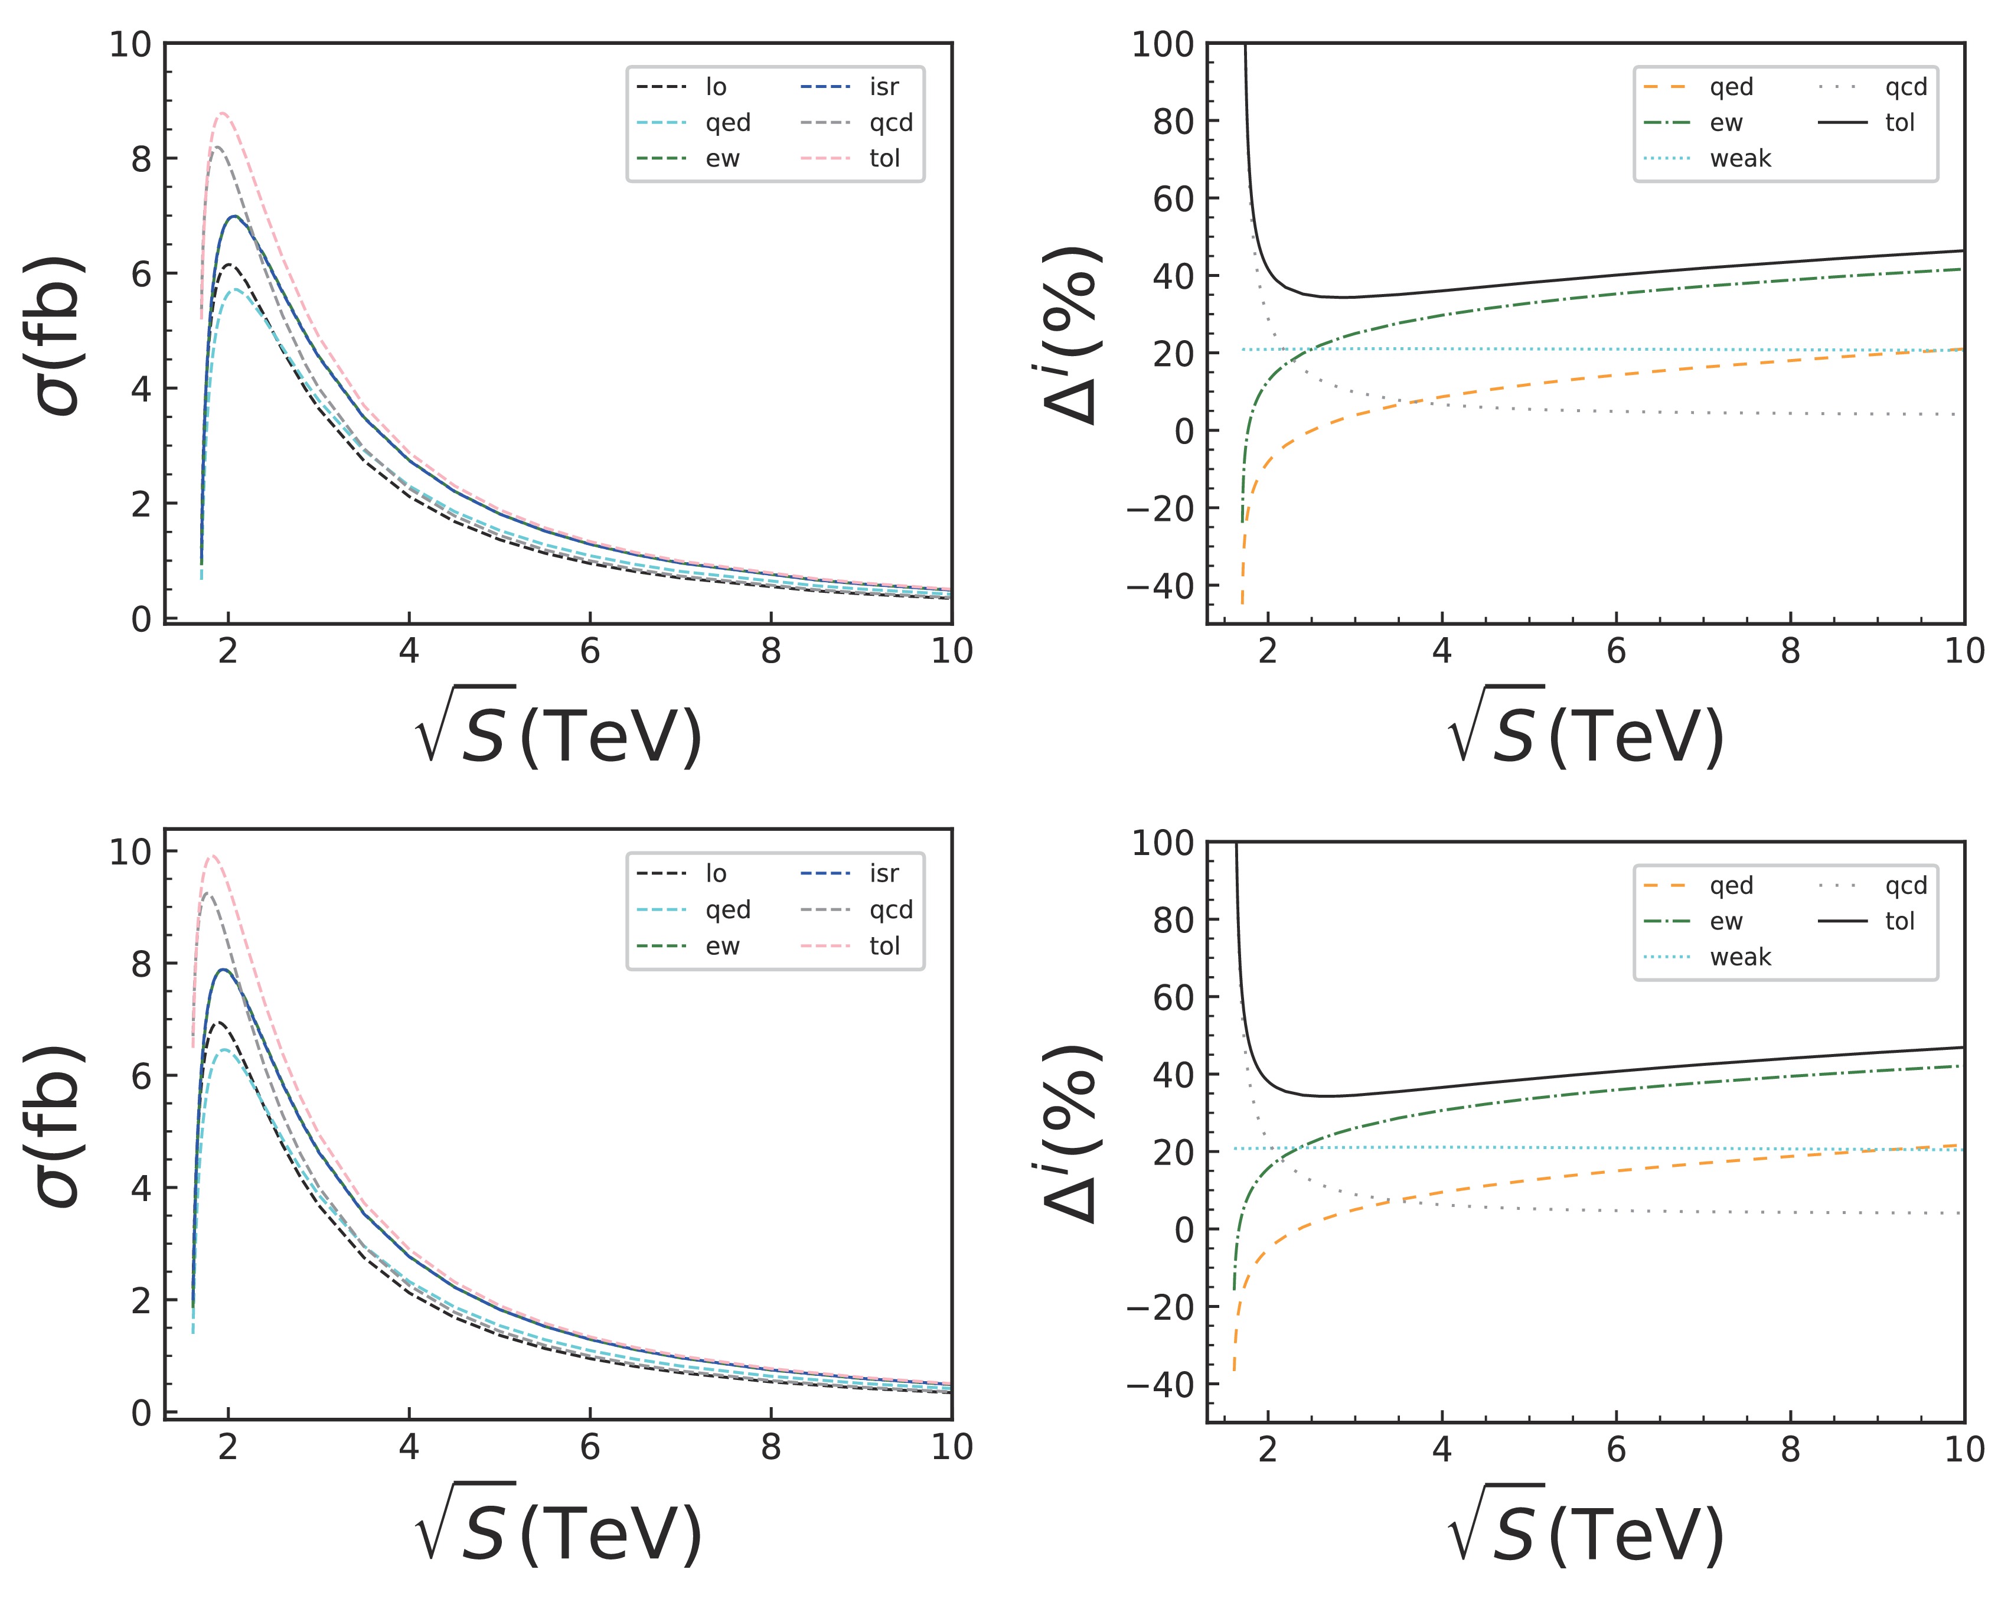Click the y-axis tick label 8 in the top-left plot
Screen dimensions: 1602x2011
tap(141, 159)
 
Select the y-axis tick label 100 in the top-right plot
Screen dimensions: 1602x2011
tap(1162, 44)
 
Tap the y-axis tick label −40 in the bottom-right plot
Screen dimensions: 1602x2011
tap(1160, 1385)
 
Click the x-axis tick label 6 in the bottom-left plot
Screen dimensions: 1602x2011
tap(589, 1447)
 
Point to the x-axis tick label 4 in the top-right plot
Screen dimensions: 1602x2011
tap(1441, 650)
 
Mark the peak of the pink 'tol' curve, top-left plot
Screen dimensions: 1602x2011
tap(222, 113)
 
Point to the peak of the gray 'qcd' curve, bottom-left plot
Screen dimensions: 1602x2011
tap(207, 894)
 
